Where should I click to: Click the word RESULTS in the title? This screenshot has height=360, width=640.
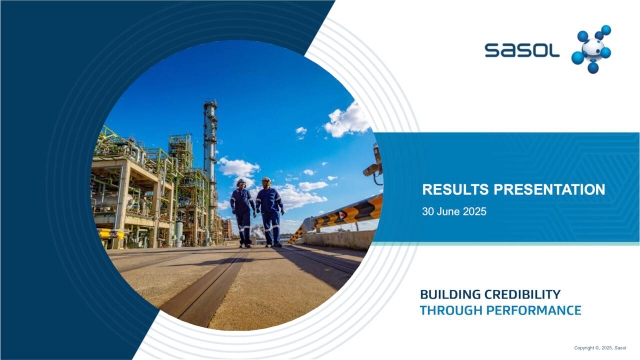(x=453, y=188)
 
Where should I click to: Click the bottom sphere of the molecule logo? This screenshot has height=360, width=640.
(x=593, y=68)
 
